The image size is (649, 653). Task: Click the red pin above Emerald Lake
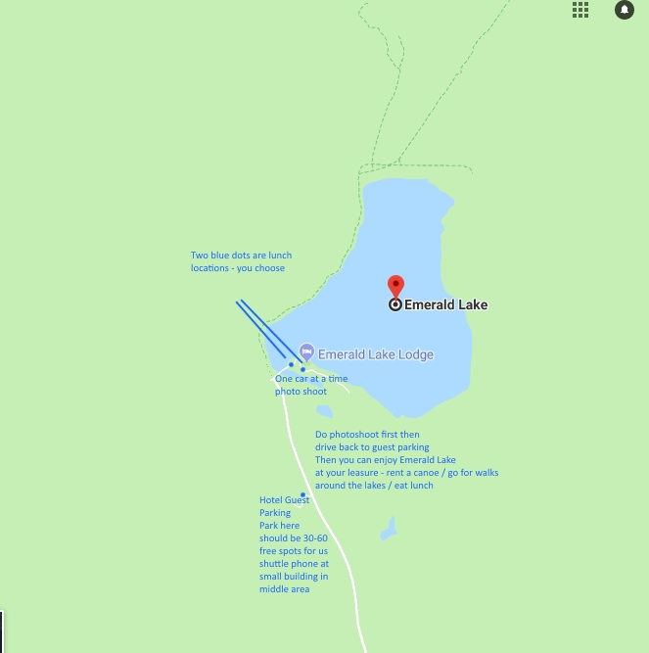(395, 286)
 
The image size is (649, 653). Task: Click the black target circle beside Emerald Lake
(395, 304)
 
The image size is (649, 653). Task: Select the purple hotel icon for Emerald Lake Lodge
(306, 351)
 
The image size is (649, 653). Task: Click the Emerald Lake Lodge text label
(376, 354)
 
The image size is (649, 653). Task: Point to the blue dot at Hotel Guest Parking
(302, 494)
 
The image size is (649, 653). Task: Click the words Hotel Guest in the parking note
(284, 500)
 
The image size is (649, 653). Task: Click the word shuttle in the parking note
(275, 564)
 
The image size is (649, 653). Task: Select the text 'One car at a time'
(311, 378)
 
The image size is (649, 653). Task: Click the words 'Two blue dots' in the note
(217, 257)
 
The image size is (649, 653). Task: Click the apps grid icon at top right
(580, 10)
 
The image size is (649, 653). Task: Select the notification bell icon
(624, 10)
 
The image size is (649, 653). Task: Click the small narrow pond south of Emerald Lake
(390, 530)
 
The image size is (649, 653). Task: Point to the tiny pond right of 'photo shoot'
(324, 411)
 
